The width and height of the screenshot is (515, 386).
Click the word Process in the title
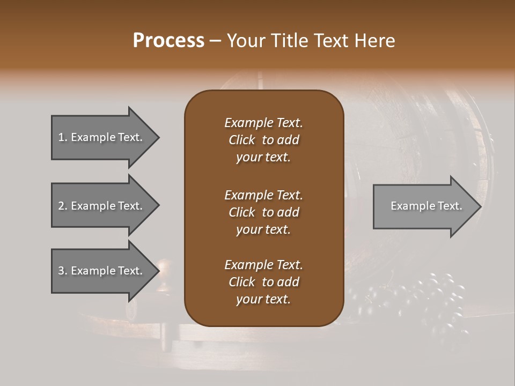point(168,41)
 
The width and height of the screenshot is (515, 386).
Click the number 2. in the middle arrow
point(63,206)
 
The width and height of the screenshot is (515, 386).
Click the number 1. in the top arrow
point(62,137)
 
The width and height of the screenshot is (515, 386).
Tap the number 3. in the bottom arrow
point(63,271)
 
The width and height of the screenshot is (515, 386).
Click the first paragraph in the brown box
point(263,140)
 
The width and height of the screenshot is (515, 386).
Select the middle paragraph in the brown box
point(263,212)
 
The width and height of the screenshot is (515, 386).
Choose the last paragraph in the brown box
point(263,282)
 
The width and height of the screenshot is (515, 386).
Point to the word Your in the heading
point(244,41)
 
